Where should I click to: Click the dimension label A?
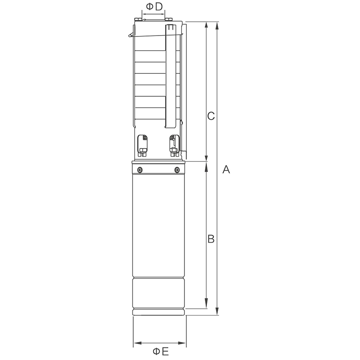[226, 170]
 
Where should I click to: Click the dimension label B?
[211, 239]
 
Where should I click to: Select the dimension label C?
[211, 116]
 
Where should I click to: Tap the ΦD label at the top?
[154, 7]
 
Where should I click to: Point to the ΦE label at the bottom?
[161, 351]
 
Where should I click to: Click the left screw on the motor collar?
[140, 170]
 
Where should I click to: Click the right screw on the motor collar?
[177, 170]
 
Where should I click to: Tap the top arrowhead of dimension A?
[217, 26]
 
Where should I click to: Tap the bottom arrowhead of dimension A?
[217, 311]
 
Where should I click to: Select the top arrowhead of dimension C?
[207, 26]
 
